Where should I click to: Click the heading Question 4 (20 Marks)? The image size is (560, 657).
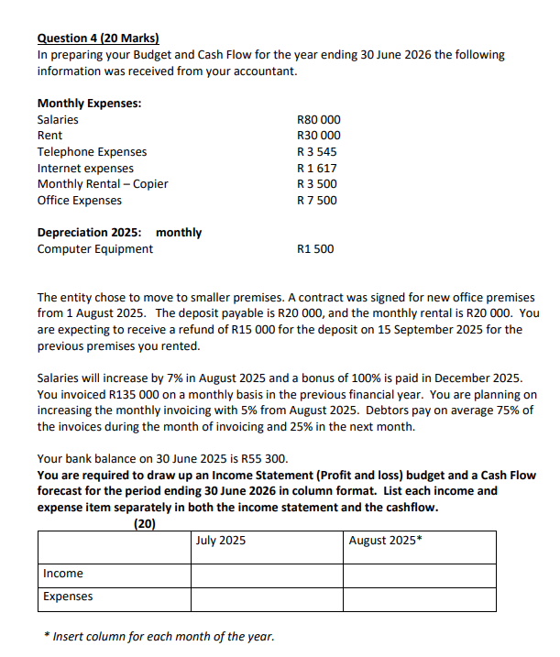click(98, 38)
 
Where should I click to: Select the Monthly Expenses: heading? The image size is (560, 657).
click(89, 103)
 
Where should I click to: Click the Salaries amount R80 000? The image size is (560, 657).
click(319, 119)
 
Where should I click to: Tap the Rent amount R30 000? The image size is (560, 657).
click(319, 136)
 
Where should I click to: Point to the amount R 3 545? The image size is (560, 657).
click(318, 152)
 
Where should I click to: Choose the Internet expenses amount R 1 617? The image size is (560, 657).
click(318, 168)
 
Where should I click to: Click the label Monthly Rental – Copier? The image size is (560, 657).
click(103, 184)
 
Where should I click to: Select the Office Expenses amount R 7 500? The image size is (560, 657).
click(318, 201)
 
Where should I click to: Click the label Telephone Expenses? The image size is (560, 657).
click(92, 152)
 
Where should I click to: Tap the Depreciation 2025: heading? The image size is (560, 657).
click(89, 233)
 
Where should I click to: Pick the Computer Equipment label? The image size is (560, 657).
click(95, 249)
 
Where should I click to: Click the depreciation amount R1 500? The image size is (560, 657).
click(316, 249)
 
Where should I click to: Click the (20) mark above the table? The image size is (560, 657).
click(144, 524)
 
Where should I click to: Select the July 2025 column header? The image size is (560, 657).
click(221, 541)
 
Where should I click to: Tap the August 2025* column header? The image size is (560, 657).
click(386, 541)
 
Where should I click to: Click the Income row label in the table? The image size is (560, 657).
click(63, 574)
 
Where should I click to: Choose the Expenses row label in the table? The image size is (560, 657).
click(68, 597)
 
